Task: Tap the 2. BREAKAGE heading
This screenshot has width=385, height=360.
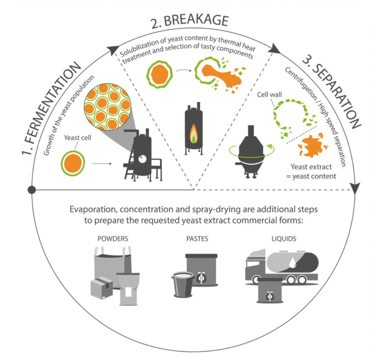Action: pos(189,24)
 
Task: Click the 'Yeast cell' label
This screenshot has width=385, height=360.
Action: pos(78,137)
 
